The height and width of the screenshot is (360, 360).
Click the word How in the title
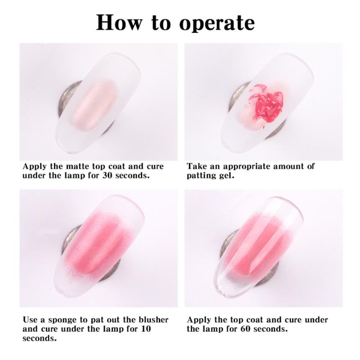[x=119, y=22]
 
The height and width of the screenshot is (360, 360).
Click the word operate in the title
[x=217, y=24]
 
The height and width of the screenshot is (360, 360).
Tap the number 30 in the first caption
[x=107, y=175]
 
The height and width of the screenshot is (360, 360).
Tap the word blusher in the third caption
[x=153, y=319]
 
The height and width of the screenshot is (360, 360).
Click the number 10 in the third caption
[x=146, y=329]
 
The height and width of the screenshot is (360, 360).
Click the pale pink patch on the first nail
[x=94, y=104]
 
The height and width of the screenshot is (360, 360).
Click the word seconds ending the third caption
[x=40, y=338]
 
